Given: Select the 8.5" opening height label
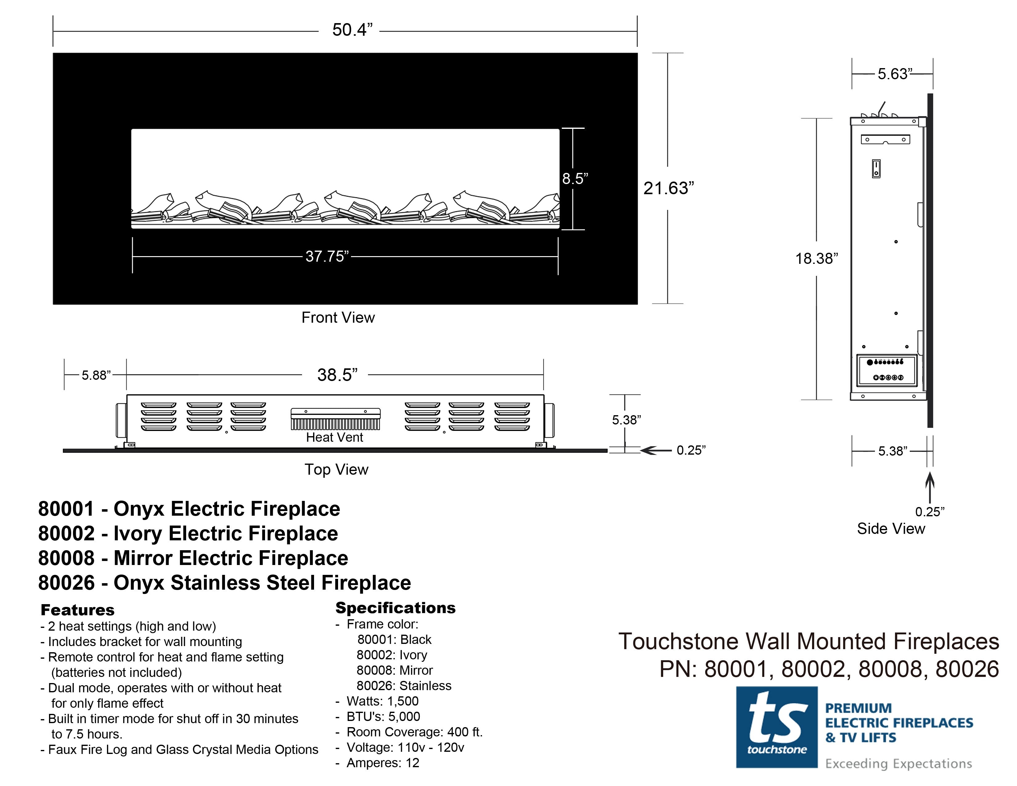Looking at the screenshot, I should pos(575,178).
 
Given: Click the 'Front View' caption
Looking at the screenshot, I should pos(338,317).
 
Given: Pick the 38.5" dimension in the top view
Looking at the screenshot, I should pos(337,375).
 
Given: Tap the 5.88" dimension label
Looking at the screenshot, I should pos(96,375).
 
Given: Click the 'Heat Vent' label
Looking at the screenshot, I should pos(334,437).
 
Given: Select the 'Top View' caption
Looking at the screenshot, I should pos(336,469).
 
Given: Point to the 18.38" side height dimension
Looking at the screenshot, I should pos(816,258).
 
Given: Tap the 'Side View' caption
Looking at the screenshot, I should pos(891,529).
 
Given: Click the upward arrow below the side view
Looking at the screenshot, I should pos(929,487).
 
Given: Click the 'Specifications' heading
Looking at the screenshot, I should pos(395,608).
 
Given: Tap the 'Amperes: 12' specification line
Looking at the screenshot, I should pos(382,763).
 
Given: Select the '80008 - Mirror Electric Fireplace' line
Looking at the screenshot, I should pos(193,558).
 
